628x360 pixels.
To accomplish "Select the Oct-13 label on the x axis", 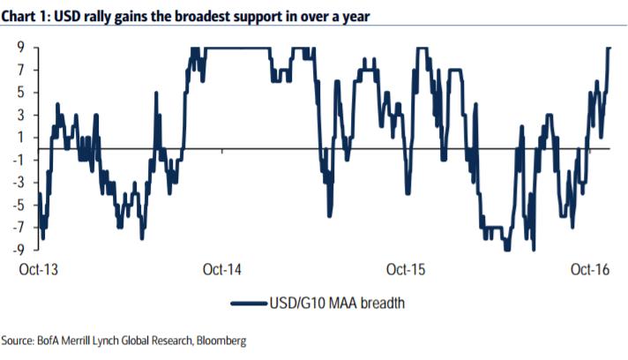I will point(39,268).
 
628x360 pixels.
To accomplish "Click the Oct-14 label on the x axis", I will point(221,268).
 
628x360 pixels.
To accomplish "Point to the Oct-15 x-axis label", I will point(406,268).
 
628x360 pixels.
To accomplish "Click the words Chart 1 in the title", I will point(29,15).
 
